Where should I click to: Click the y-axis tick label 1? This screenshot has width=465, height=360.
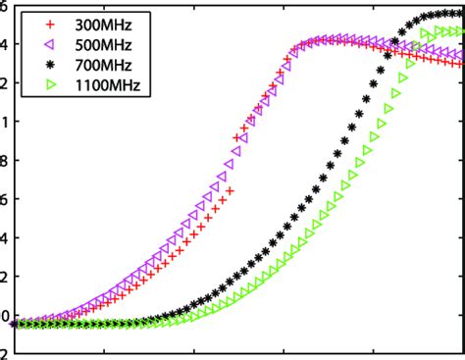[x=5, y=123]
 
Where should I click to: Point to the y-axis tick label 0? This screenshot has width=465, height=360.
[x=5, y=316]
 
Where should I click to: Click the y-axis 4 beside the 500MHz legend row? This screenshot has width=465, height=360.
[x=5, y=44]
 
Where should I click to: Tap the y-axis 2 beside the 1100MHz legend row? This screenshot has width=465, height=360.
[x=5, y=83]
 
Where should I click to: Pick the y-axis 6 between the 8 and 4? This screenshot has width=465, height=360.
[x=5, y=200]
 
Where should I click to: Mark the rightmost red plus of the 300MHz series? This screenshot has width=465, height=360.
[x=460, y=64]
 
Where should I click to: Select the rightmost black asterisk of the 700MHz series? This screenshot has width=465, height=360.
[x=460, y=14]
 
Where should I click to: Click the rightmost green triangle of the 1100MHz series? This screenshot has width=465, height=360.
[x=460, y=32]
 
